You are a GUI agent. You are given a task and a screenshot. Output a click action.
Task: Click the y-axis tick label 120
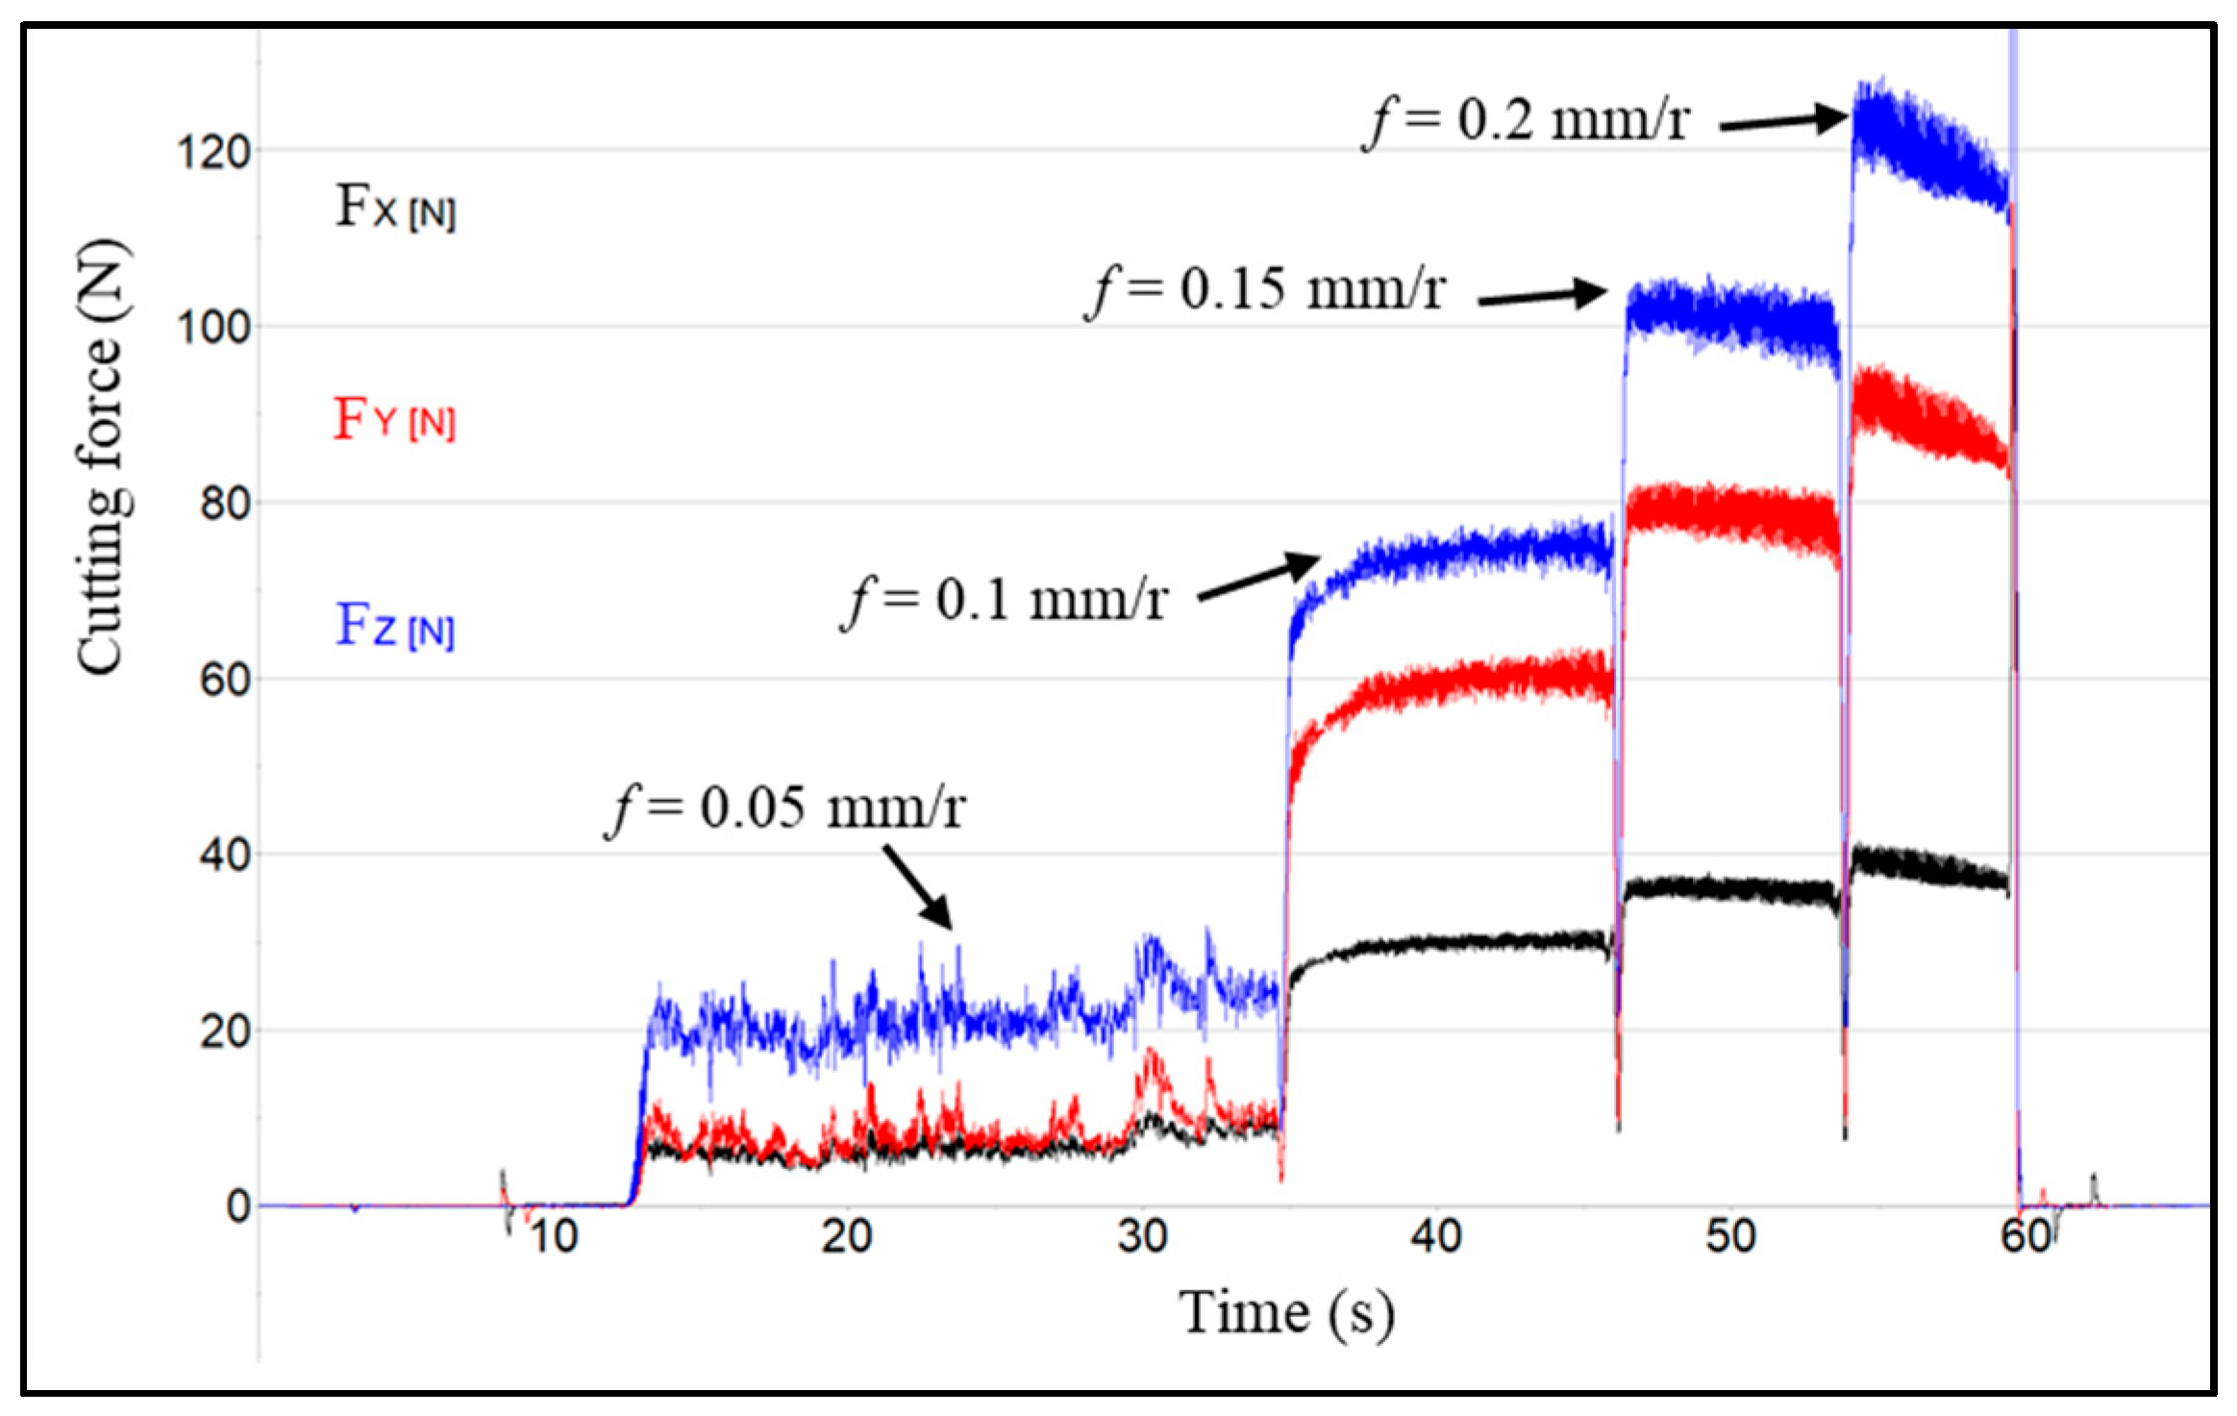click(x=213, y=152)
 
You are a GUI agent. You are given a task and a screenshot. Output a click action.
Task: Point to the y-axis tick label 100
click(x=213, y=328)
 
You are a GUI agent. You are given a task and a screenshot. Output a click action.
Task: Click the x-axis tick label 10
click(x=553, y=1236)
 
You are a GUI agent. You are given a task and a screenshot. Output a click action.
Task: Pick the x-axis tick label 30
click(x=1142, y=1236)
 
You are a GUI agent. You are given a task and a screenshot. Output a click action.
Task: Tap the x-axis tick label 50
click(x=1731, y=1236)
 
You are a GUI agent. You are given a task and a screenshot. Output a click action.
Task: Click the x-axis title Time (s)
click(x=1286, y=1313)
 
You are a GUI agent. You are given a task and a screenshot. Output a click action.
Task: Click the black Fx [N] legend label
click(x=394, y=207)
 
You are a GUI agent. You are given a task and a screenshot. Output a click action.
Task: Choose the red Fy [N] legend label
click(x=394, y=419)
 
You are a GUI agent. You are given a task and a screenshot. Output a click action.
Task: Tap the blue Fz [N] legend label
click(x=394, y=627)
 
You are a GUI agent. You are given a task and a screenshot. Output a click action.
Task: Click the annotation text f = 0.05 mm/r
click(x=785, y=807)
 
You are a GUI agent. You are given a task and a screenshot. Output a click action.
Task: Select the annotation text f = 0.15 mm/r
click(x=1265, y=289)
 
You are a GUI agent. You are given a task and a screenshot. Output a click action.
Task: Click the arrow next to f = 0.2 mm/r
click(x=1784, y=121)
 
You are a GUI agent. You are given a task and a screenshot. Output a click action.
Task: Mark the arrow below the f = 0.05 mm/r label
click(x=918, y=886)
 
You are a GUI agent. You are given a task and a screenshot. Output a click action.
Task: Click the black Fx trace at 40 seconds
click(x=1436, y=942)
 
